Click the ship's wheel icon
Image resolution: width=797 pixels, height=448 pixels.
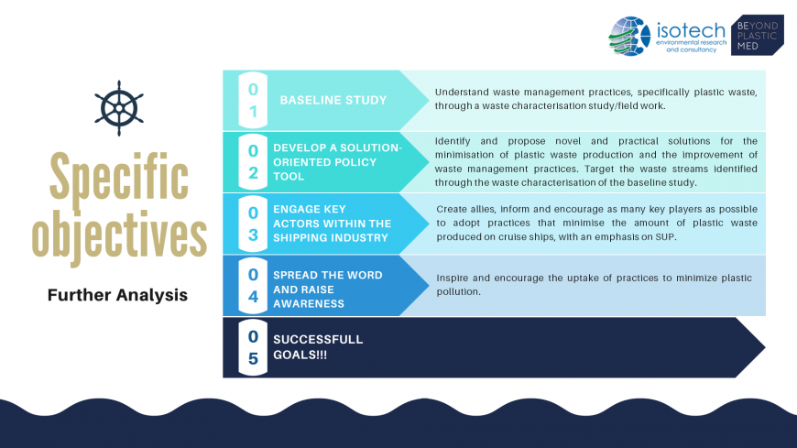coord(119,108)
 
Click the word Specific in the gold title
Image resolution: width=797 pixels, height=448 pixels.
coord(119,177)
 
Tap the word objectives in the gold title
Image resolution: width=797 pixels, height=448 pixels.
coord(119,235)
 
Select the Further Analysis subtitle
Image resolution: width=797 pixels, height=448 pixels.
coord(117,295)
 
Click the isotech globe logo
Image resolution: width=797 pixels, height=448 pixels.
coord(629,36)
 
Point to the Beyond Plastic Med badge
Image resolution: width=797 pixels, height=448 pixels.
coord(758,35)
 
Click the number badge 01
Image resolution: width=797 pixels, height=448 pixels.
coord(253,100)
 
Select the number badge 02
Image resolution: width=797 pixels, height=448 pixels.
coord(253,162)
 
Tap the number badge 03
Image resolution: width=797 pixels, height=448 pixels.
coord(253,224)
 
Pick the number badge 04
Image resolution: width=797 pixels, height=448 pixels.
coord(253,285)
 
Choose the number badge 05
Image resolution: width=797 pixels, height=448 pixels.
coord(253,347)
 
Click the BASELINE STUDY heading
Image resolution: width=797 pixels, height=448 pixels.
coord(333,100)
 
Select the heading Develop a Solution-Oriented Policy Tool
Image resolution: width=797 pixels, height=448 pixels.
coord(337,162)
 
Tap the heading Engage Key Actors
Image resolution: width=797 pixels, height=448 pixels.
coord(332,224)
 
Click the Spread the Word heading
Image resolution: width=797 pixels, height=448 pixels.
coord(328,290)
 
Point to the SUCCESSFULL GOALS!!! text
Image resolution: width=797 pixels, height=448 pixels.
coord(318,347)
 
